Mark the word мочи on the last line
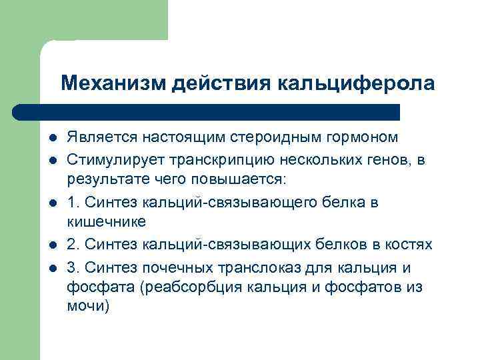point(85,307)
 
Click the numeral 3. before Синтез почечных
point(72,268)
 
